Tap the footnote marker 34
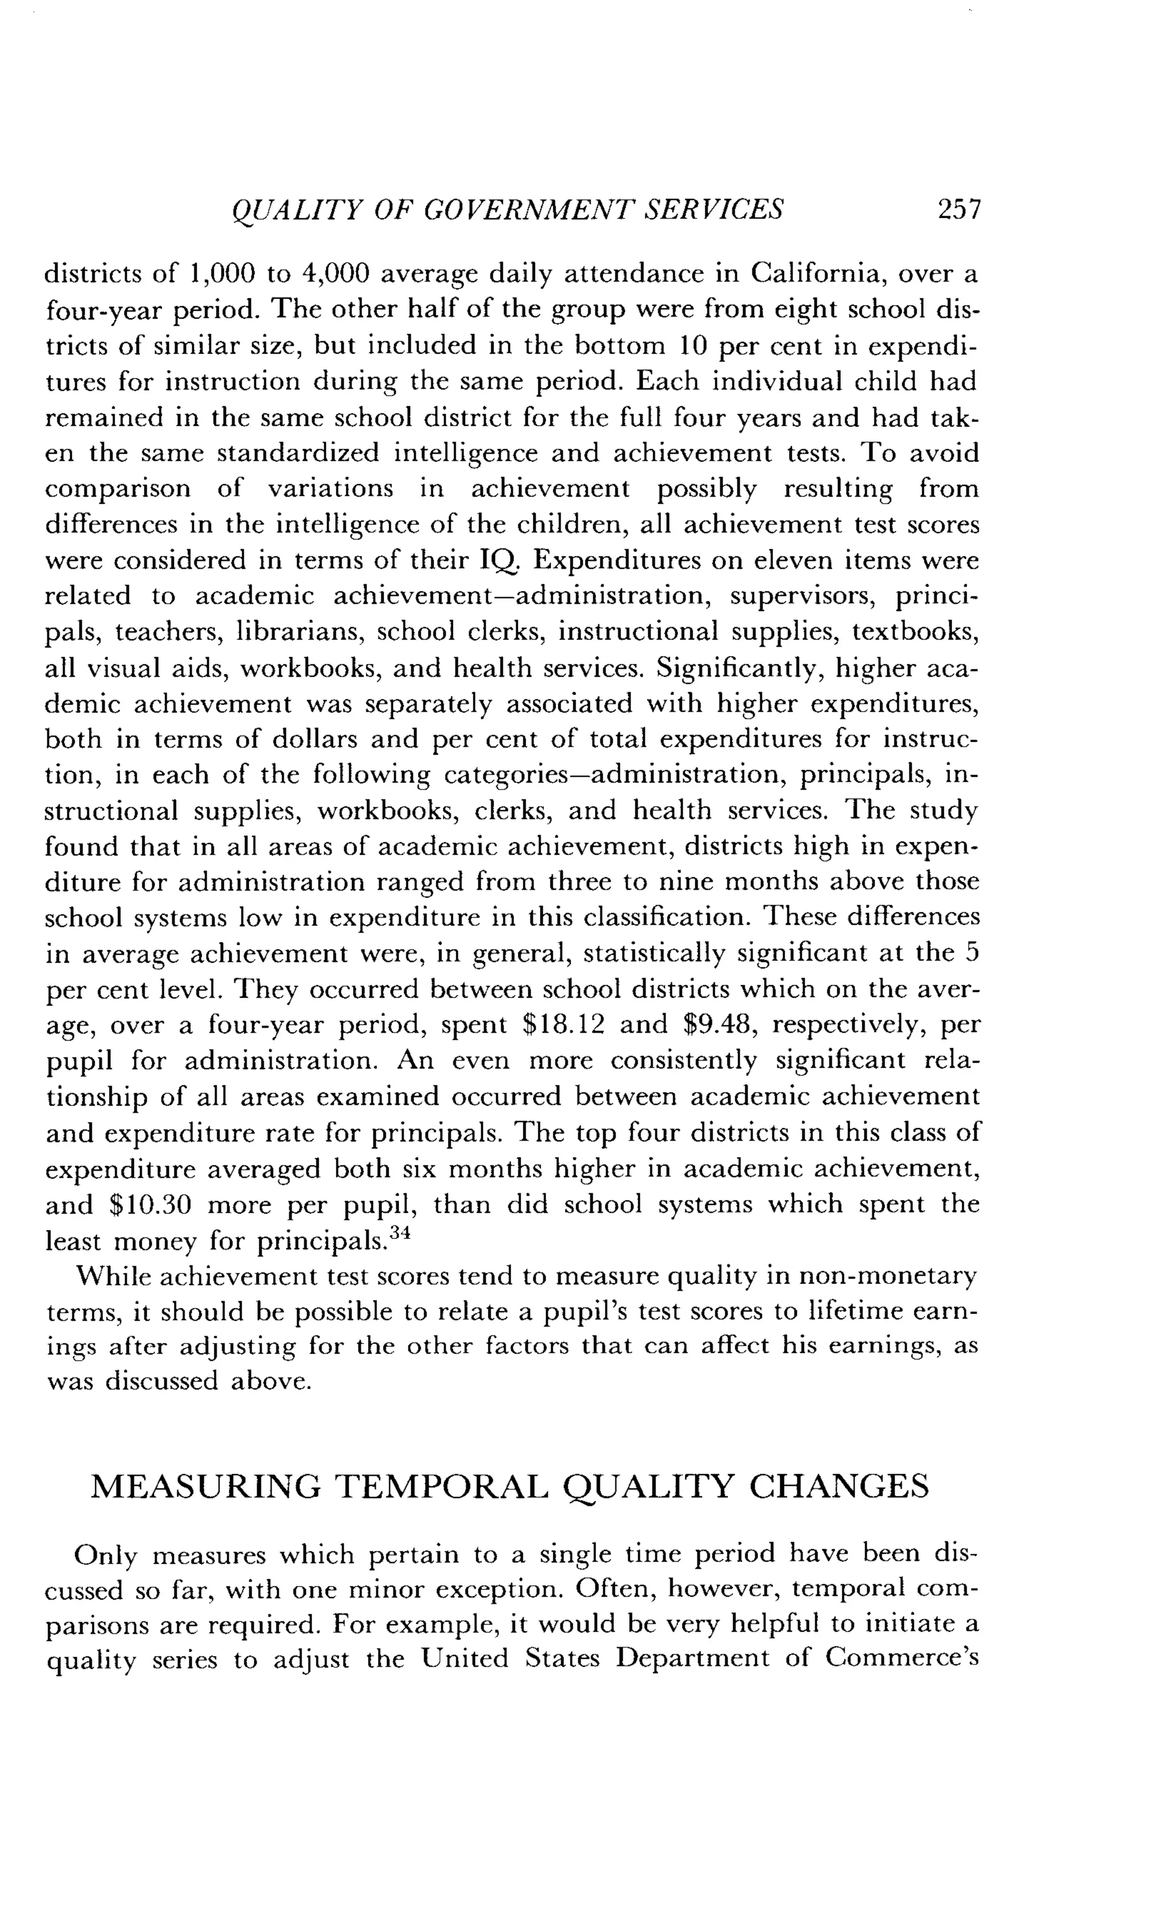click(x=400, y=1232)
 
